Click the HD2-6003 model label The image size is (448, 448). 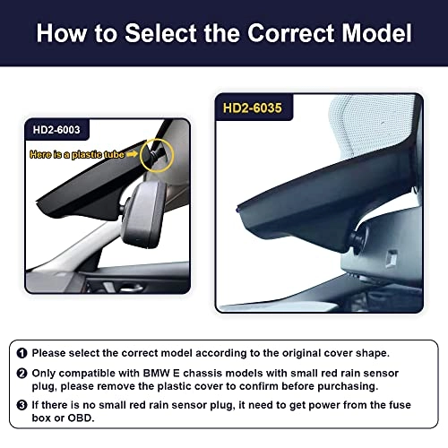(56, 130)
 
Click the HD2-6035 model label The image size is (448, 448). (253, 108)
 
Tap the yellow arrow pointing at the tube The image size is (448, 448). (132, 154)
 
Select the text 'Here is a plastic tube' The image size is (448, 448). (77, 154)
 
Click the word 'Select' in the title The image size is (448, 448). (161, 33)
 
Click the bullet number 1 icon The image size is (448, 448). (22, 353)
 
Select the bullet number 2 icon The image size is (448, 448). (22, 374)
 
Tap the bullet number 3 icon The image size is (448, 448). (22, 405)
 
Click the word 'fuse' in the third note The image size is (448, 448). (400, 405)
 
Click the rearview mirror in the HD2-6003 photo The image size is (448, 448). (144, 214)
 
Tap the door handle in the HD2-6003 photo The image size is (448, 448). (129, 289)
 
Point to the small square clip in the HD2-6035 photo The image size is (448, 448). (392, 258)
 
